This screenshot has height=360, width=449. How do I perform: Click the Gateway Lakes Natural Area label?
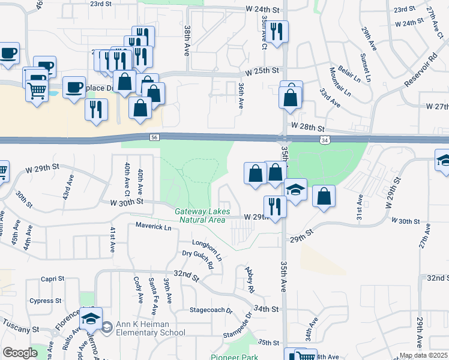coord(200,215)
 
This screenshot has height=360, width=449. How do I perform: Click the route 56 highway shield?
coord(154,137)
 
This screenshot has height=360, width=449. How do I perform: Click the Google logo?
coord(19,353)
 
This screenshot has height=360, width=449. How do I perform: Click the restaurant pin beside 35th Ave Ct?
coord(277,31)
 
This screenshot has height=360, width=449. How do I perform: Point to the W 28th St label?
coord(307,128)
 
